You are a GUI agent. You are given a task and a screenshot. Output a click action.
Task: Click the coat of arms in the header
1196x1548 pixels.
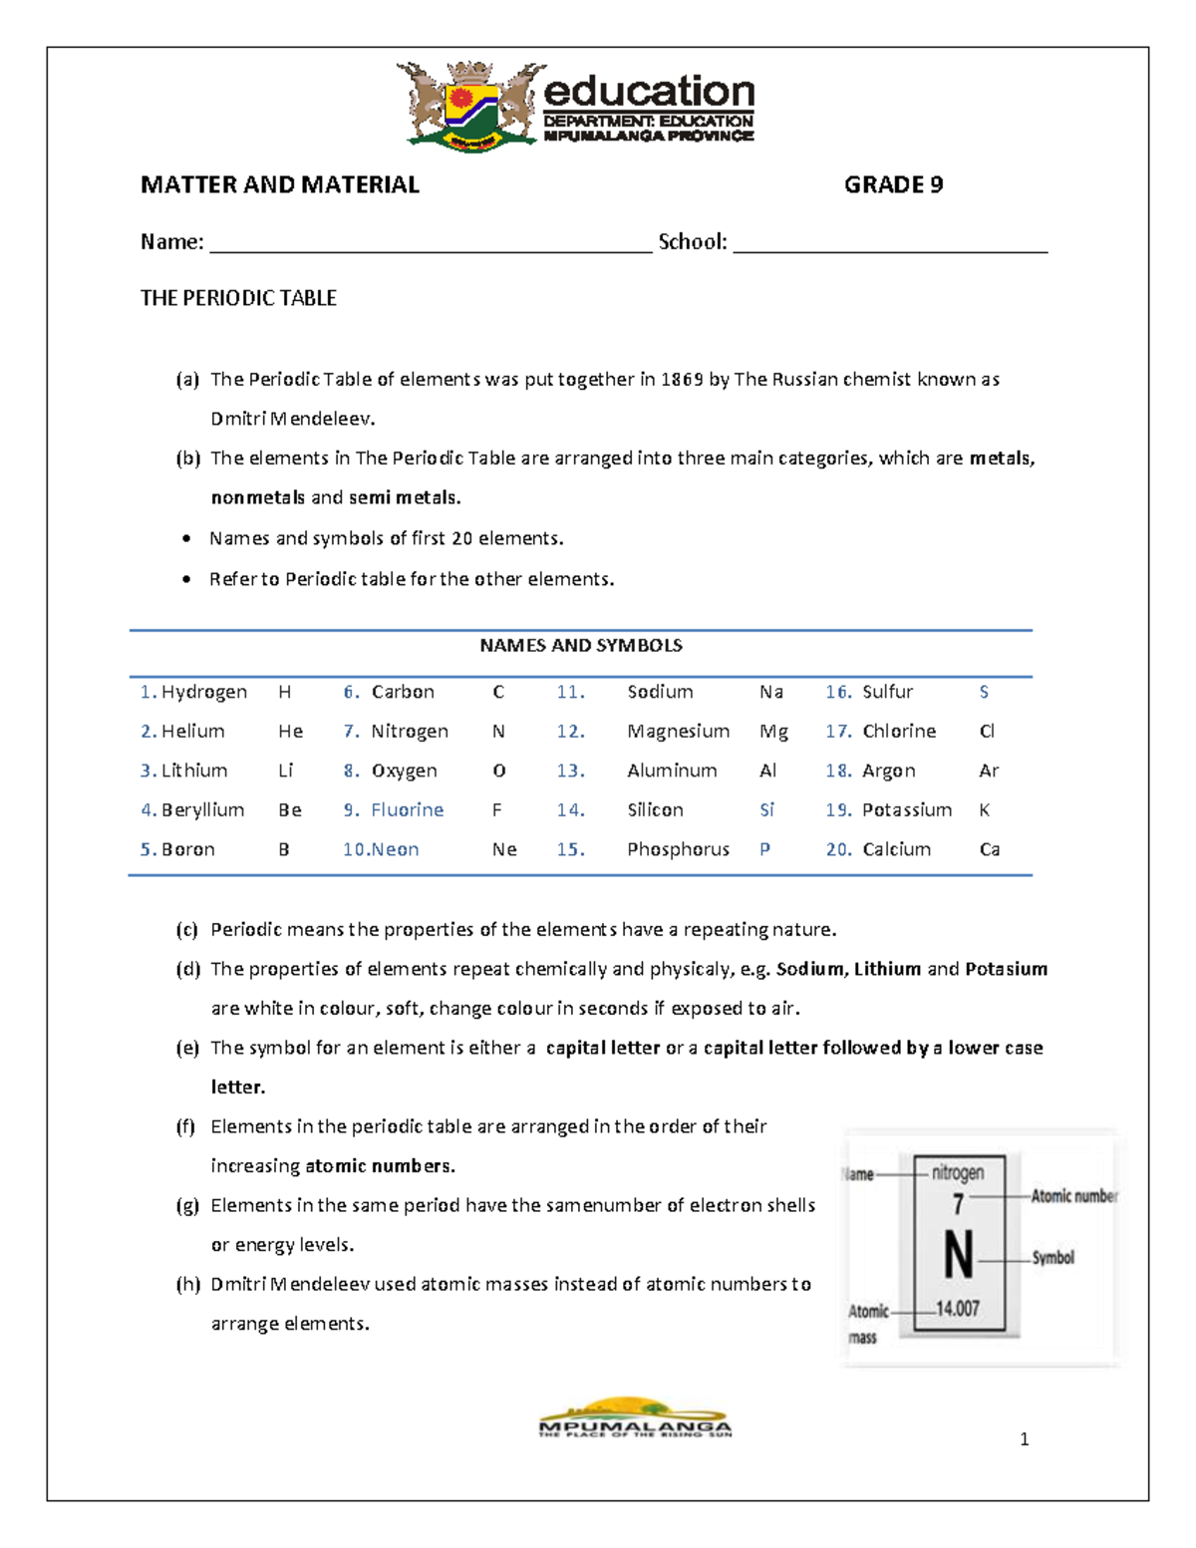coord(471,106)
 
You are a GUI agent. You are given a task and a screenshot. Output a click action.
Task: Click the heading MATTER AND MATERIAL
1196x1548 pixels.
coord(279,185)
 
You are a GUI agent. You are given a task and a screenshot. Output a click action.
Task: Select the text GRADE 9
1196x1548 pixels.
coord(893,185)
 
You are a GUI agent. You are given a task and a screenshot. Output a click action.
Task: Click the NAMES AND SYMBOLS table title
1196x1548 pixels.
coord(580,646)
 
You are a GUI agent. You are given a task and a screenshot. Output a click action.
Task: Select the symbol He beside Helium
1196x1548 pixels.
coord(290,732)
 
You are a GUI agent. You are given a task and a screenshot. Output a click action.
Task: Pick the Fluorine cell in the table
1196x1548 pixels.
coord(407,810)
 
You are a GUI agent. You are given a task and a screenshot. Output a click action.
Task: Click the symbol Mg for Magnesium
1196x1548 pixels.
coord(773,732)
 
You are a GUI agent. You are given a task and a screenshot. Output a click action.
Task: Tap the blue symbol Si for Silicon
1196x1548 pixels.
coord(766,810)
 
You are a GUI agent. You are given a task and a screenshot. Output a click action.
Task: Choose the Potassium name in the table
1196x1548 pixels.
coord(906,810)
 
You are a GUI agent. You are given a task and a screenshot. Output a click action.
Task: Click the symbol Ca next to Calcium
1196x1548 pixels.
coord(989,850)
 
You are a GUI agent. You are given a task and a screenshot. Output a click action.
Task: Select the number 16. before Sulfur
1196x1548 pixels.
coord(838,692)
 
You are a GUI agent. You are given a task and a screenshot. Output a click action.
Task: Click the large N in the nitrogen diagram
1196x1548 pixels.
coord(958,1256)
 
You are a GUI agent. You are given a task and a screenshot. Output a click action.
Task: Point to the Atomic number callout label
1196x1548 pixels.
coord(1073,1196)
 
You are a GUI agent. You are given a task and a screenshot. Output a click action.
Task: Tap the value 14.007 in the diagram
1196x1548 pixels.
coord(957,1310)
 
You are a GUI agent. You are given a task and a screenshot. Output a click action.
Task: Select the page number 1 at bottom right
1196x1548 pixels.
coord(1024,1439)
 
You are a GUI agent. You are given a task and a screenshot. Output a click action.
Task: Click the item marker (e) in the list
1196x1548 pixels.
coord(187,1049)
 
